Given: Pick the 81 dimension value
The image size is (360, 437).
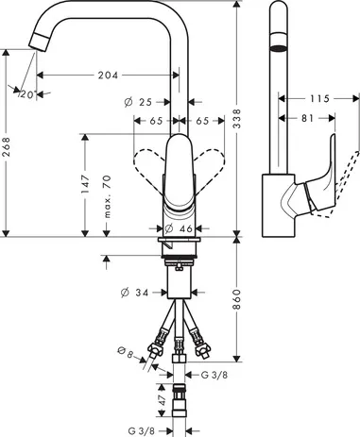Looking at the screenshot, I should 304,119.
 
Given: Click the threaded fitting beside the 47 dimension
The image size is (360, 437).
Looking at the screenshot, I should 180,401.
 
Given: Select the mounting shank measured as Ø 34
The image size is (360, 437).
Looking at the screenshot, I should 180,282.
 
